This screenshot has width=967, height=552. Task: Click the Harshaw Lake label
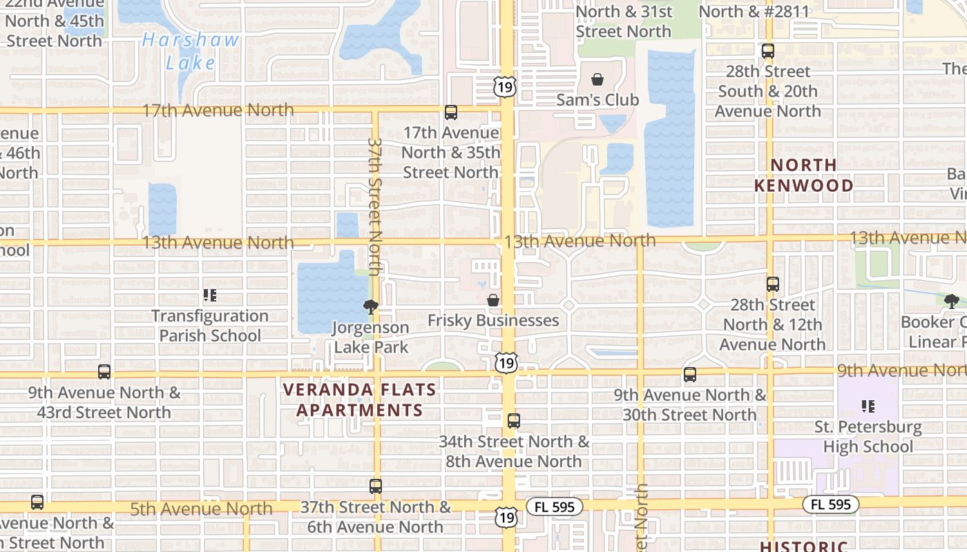191,51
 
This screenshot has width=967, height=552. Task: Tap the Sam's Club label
597,100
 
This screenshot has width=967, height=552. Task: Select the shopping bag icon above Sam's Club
597,79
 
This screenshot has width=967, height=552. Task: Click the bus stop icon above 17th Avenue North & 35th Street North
451,112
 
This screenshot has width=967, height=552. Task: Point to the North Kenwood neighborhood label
803,175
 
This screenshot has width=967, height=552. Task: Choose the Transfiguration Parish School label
210,326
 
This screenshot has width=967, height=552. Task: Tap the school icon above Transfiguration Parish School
210,296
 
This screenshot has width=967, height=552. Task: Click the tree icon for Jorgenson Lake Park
372,307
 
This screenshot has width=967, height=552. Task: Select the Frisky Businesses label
493,320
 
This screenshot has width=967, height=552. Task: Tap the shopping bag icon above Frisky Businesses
493,300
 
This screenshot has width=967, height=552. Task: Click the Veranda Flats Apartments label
360,400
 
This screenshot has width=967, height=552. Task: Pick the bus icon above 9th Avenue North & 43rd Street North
104,372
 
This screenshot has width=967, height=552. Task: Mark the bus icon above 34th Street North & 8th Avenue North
514,420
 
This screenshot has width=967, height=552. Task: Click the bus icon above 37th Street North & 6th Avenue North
376,486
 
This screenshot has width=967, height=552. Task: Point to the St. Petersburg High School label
868,437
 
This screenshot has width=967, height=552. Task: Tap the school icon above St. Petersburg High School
868,406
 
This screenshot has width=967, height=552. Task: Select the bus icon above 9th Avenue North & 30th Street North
690,375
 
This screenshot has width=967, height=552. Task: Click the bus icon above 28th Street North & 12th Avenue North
773,284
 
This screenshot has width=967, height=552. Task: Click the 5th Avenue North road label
202,509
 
